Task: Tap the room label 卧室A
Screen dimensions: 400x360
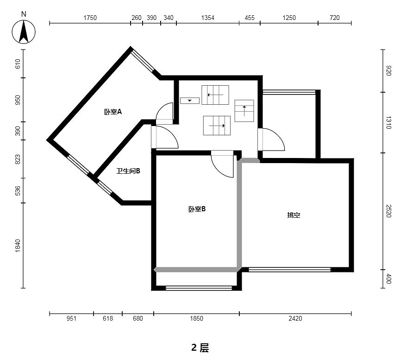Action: click(113, 112)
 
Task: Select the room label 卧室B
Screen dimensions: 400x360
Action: click(197, 209)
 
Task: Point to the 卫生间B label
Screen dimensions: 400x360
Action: click(128, 171)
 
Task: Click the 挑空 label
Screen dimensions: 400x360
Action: click(294, 215)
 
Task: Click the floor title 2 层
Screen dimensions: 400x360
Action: click(200, 348)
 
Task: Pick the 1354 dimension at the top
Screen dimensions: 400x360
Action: click(208, 18)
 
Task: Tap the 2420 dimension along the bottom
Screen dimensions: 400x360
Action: click(295, 318)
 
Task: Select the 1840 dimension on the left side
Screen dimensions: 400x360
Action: click(18, 246)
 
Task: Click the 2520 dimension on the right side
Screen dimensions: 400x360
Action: click(388, 211)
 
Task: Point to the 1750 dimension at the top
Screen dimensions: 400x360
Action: click(90, 18)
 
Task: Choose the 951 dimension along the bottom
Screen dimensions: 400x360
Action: click(71, 318)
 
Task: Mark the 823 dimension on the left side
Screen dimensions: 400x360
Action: click(18, 159)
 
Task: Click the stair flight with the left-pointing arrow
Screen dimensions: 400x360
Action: click(215, 95)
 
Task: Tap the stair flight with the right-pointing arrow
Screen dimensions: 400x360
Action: click(217, 126)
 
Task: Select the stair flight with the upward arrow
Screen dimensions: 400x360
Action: click(244, 111)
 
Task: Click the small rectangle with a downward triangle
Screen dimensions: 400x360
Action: click(190, 101)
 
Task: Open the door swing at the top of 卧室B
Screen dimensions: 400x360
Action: click(222, 164)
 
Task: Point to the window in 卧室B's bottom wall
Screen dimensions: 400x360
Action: click(199, 288)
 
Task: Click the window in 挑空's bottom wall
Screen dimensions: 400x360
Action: click(289, 269)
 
